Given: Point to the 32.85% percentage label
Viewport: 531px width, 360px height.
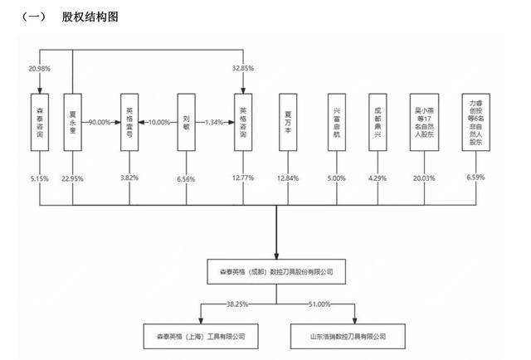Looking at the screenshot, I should pyautogui.click(x=241, y=68).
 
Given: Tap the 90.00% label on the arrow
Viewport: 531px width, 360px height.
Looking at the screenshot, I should pyautogui.click(x=100, y=122).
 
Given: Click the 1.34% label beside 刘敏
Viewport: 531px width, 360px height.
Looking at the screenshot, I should pyautogui.click(x=215, y=122).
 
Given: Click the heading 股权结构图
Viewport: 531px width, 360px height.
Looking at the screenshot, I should pyautogui.click(x=90, y=16).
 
